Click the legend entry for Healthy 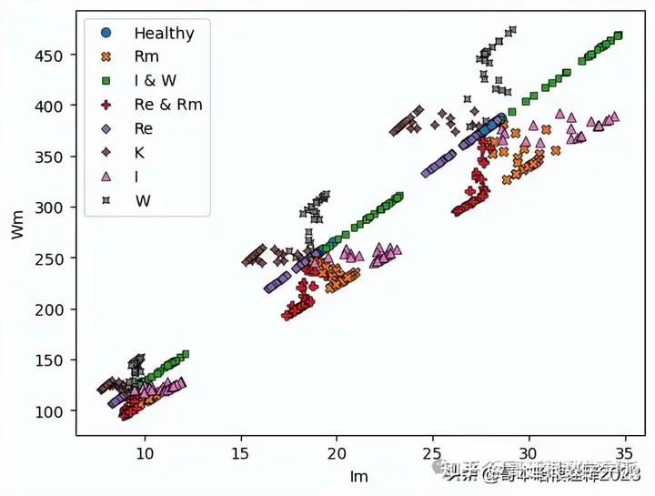(164, 34)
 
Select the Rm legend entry (146, 57)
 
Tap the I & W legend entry (156, 81)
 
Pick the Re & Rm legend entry (167, 105)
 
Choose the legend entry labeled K (139, 152)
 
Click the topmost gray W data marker (512, 30)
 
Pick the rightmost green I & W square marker (619, 35)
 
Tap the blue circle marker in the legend (106, 34)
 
